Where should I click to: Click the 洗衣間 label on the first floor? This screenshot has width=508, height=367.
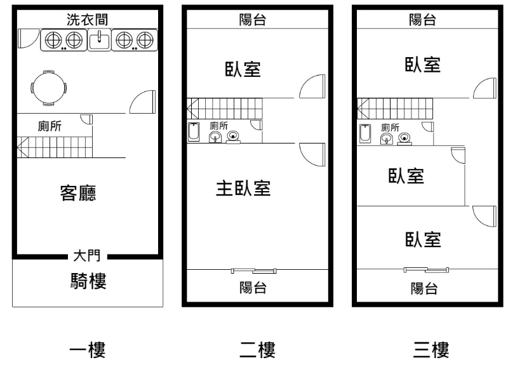88,19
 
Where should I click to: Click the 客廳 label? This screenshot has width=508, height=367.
78,192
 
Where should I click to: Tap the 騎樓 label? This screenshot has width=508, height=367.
87,281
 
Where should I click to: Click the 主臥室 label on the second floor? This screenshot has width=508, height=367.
244,189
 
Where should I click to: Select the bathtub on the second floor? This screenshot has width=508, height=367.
194,133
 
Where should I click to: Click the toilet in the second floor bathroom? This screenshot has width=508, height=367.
234,136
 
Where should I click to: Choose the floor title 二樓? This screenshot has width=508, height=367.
257,349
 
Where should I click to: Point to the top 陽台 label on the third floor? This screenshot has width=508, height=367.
423,19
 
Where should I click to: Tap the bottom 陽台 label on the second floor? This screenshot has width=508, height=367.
252,287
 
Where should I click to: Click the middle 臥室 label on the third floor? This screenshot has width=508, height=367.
406,176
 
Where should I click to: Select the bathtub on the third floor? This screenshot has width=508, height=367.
365,134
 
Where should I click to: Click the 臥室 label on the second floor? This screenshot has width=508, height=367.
243,69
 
